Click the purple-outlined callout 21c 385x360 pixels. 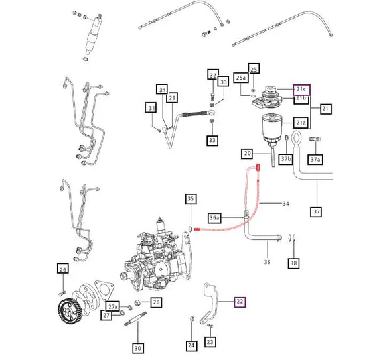pos(301,89)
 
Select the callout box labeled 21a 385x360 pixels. pos(301,123)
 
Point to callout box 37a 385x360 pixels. pos(315,160)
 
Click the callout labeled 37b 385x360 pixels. pos(286,160)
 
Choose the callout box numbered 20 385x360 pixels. pos(248,154)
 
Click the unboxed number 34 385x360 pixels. pos(287,203)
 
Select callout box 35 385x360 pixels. pos(191,198)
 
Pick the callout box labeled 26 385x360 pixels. pos(63,269)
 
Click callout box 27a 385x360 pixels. pos(113,306)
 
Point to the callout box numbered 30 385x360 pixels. pos(138,347)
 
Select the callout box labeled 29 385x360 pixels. pos(172,98)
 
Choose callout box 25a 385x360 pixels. pos(242,78)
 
